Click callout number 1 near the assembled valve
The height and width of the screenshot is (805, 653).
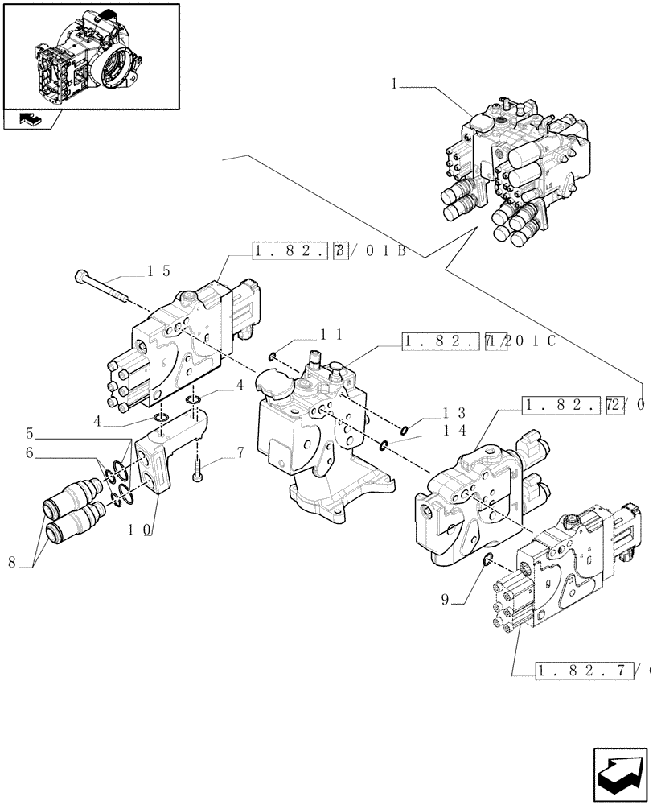(394, 83)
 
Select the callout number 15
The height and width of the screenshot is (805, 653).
(158, 271)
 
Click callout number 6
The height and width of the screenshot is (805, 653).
(29, 453)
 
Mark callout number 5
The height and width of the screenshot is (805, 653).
(29, 431)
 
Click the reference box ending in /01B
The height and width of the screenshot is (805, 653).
(330, 251)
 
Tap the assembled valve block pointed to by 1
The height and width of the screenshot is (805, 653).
(515, 169)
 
